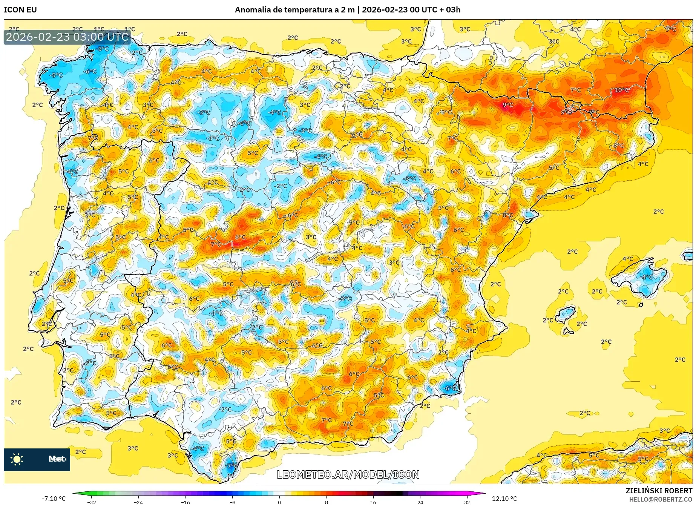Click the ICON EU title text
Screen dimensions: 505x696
(x=20, y=10)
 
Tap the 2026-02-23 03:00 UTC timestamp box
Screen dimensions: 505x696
(x=67, y=37)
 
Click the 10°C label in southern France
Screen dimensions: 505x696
(x=622, y=90)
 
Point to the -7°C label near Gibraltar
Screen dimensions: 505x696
(x=231, y=466)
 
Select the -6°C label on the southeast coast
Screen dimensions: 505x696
(x=449, y=388)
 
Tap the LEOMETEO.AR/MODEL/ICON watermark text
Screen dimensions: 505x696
(x=348, y=474)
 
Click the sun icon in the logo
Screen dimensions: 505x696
(x=17, y=459)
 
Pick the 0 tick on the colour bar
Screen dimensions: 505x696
(x=279, y=502)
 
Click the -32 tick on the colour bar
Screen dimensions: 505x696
(x=92, y=502)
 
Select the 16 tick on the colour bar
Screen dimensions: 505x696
(x=373, y=502)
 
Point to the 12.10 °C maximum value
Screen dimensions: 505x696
(x=504, y=499)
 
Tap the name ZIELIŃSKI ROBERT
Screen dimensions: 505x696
(x=659, y=491)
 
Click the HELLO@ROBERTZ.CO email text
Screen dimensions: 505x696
(x=660, y=499)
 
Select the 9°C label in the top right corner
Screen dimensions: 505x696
(x=670, y=29)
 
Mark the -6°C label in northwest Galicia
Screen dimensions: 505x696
(x=90, y=71)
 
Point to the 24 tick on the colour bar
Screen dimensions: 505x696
(x=420, y=502)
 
